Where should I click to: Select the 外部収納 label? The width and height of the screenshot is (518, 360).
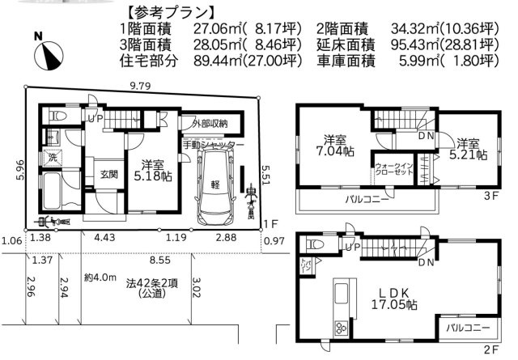tap(210, 124)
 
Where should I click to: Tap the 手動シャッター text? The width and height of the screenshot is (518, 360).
tap(213, 144)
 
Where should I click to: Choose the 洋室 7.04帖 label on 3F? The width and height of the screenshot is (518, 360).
tap(333, 143)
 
